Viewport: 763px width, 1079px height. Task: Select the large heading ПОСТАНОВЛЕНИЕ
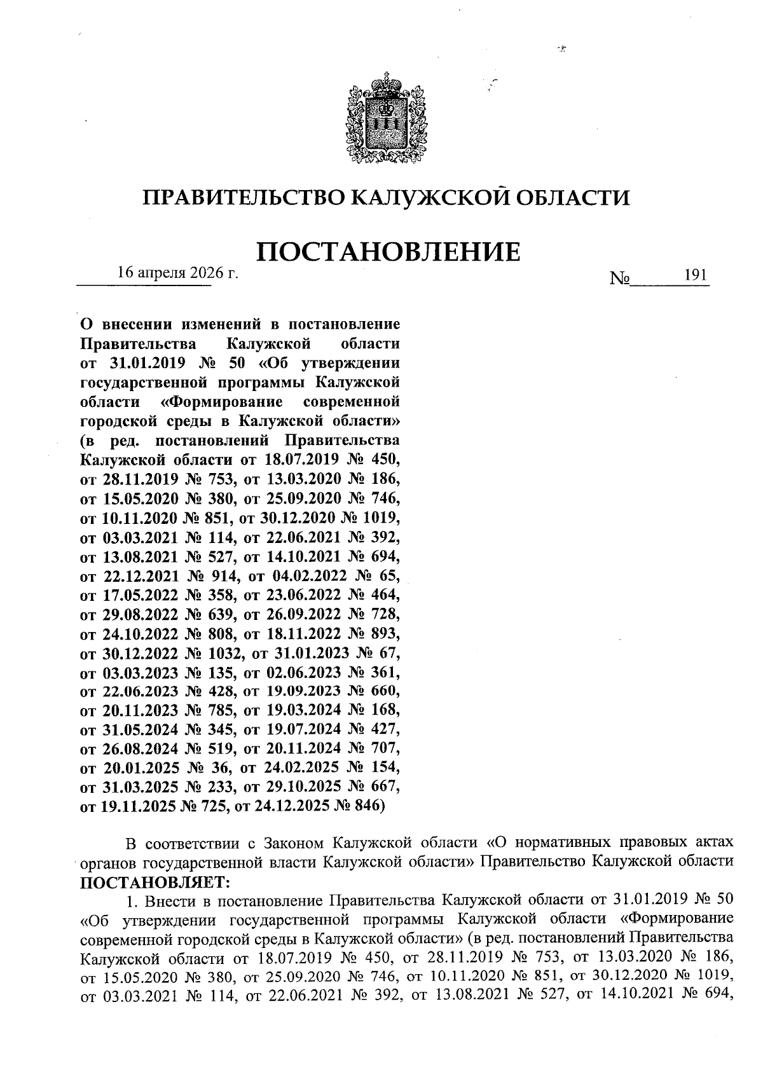tap(388, 252)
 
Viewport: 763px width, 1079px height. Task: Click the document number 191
tap(696, 275)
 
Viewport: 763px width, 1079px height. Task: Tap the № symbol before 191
tap(619, 278)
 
